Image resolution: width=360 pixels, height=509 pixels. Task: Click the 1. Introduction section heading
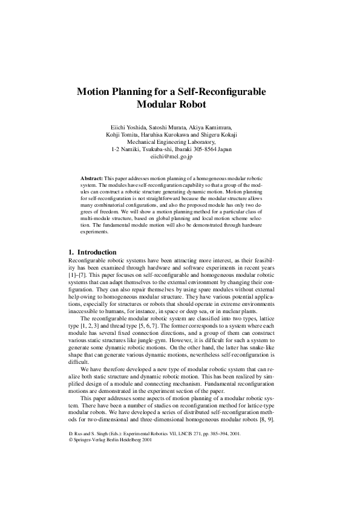tap(92, 252)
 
